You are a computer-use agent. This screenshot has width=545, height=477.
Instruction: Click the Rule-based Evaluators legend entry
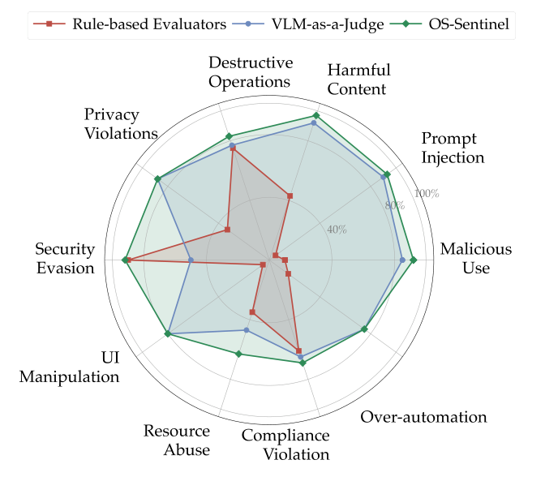click(130, 24)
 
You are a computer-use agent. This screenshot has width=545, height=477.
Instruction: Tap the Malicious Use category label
click(476, 258)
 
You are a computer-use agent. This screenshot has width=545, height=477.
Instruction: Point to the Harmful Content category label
click(360, 79)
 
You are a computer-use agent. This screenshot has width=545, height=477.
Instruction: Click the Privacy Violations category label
click(121, 122)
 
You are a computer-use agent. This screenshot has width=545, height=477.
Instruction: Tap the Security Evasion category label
click(65, 258)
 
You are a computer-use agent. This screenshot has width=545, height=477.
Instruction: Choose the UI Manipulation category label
click(70, 367)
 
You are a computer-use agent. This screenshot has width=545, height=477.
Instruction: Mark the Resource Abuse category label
click(177, 440)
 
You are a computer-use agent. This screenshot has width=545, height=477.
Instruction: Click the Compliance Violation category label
click(285, 445)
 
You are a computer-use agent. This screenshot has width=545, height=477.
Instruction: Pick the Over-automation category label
click(424, 417)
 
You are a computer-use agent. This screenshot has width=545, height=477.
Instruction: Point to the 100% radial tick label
click(427, 193)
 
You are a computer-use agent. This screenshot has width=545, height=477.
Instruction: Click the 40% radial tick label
click(337, 229)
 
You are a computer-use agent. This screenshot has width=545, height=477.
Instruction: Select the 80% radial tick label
click(394, 205)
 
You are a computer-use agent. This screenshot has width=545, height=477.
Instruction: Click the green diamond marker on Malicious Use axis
click(413, 260)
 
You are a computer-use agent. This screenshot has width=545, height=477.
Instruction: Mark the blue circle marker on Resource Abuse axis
click(247, 329)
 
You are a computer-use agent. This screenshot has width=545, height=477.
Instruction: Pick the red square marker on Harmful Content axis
click(290, 196)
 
